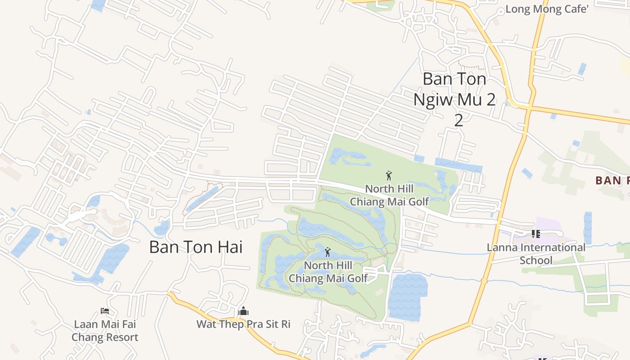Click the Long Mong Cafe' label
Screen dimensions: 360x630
(547, 9)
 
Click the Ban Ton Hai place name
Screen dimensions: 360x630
(196, 247)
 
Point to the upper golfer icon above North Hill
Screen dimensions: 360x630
(389, 175)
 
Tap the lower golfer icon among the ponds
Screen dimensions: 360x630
(328, 252)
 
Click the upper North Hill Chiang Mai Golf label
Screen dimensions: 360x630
(389, 195)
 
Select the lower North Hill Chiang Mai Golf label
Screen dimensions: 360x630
(328, 272)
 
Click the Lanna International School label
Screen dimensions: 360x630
(536, 253)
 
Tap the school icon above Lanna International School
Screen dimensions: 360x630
(536, 234)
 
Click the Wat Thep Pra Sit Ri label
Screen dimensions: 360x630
(243, 324)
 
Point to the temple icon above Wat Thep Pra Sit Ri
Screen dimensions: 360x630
(243, 311)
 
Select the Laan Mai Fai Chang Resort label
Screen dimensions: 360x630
(105, 330)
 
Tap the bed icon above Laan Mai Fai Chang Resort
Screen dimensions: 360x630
(105, 310)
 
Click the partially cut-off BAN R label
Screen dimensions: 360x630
(612, 181)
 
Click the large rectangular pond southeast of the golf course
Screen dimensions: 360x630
(407, 297)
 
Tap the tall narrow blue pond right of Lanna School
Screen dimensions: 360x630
(587, 227)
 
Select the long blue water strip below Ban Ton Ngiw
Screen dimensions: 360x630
(458, 165)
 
